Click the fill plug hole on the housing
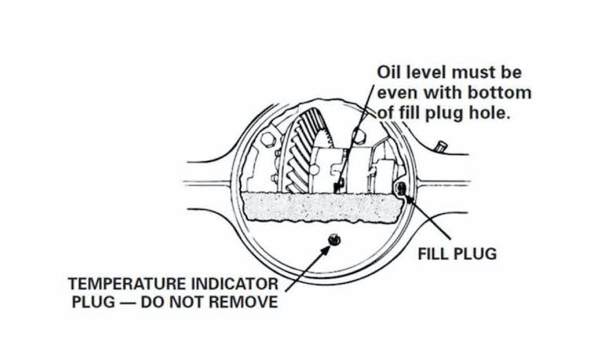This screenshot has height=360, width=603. click(400, 190)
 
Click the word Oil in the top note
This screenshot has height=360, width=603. click(389, 72)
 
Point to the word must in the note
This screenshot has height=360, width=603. click(477, 72)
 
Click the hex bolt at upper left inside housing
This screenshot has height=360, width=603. click(266, 140)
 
